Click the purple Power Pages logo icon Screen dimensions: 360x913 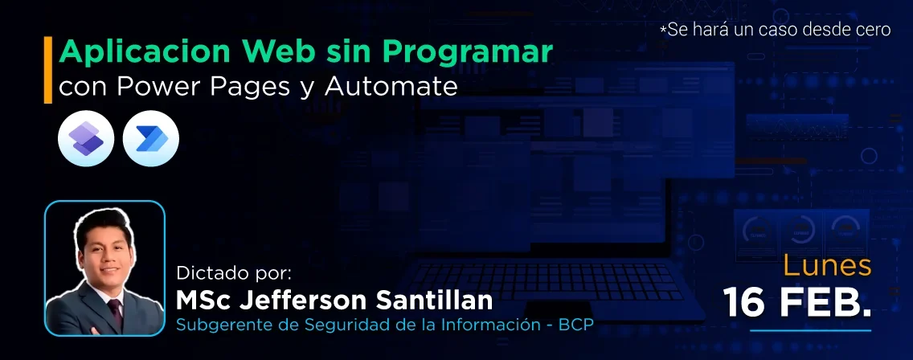[86, 140]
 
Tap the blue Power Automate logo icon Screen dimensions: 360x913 [151, 140]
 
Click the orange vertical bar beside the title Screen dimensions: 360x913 [48, 70]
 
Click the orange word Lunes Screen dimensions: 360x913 [827, 266]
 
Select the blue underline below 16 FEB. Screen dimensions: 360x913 [809, 330]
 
